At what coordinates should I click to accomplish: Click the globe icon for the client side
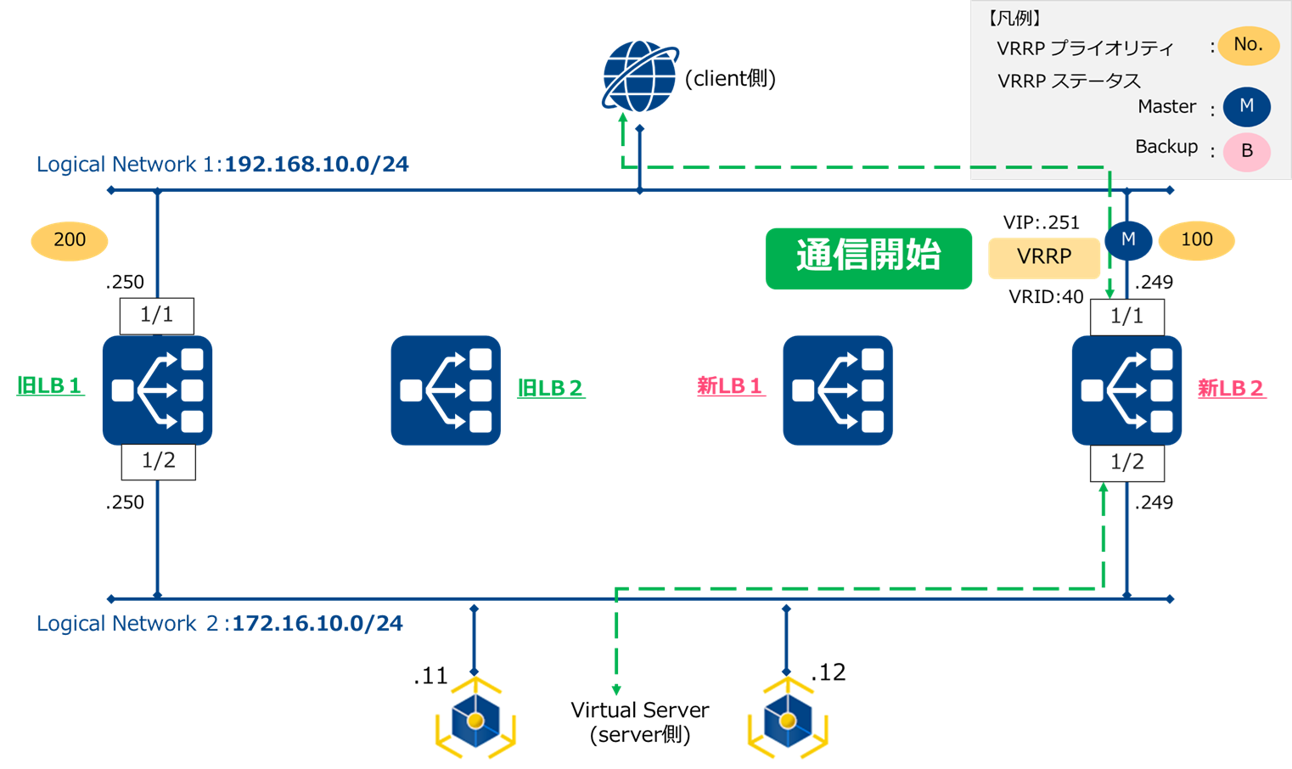(x=639, y=76)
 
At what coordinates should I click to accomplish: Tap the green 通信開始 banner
(x=868, y=258)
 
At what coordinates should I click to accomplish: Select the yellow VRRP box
(x=1044, y=257)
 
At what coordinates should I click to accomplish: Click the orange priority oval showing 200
(x=70, y=241)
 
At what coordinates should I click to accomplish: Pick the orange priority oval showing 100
(x=1196, y=241)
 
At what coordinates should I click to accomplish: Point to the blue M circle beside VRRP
(x=1128, y=240)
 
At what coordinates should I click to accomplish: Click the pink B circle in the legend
(x=1246, y=152)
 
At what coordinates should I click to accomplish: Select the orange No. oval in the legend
(x=1248, y=46)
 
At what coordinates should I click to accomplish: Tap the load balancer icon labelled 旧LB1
(x=158, y=390)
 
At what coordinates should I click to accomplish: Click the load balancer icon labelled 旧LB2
(x=446, y=390)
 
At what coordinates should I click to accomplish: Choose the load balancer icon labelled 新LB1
(x=838, y=390)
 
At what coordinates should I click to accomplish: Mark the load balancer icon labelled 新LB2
(x=1126, y=390)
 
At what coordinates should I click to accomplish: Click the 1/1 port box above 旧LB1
(x=157, y=316)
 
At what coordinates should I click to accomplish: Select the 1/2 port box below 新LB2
(x=1127, y=463)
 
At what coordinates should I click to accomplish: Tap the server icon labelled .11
(x=475, y=720)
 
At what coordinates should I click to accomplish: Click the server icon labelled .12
(x=788, y=720)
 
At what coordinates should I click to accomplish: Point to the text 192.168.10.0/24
(x=317, y=165)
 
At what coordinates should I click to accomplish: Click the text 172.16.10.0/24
(x=317, y=624)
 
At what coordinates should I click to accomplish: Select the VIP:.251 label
(x=1041, y=223)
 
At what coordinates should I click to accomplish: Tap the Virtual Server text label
(x=639, y=710)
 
